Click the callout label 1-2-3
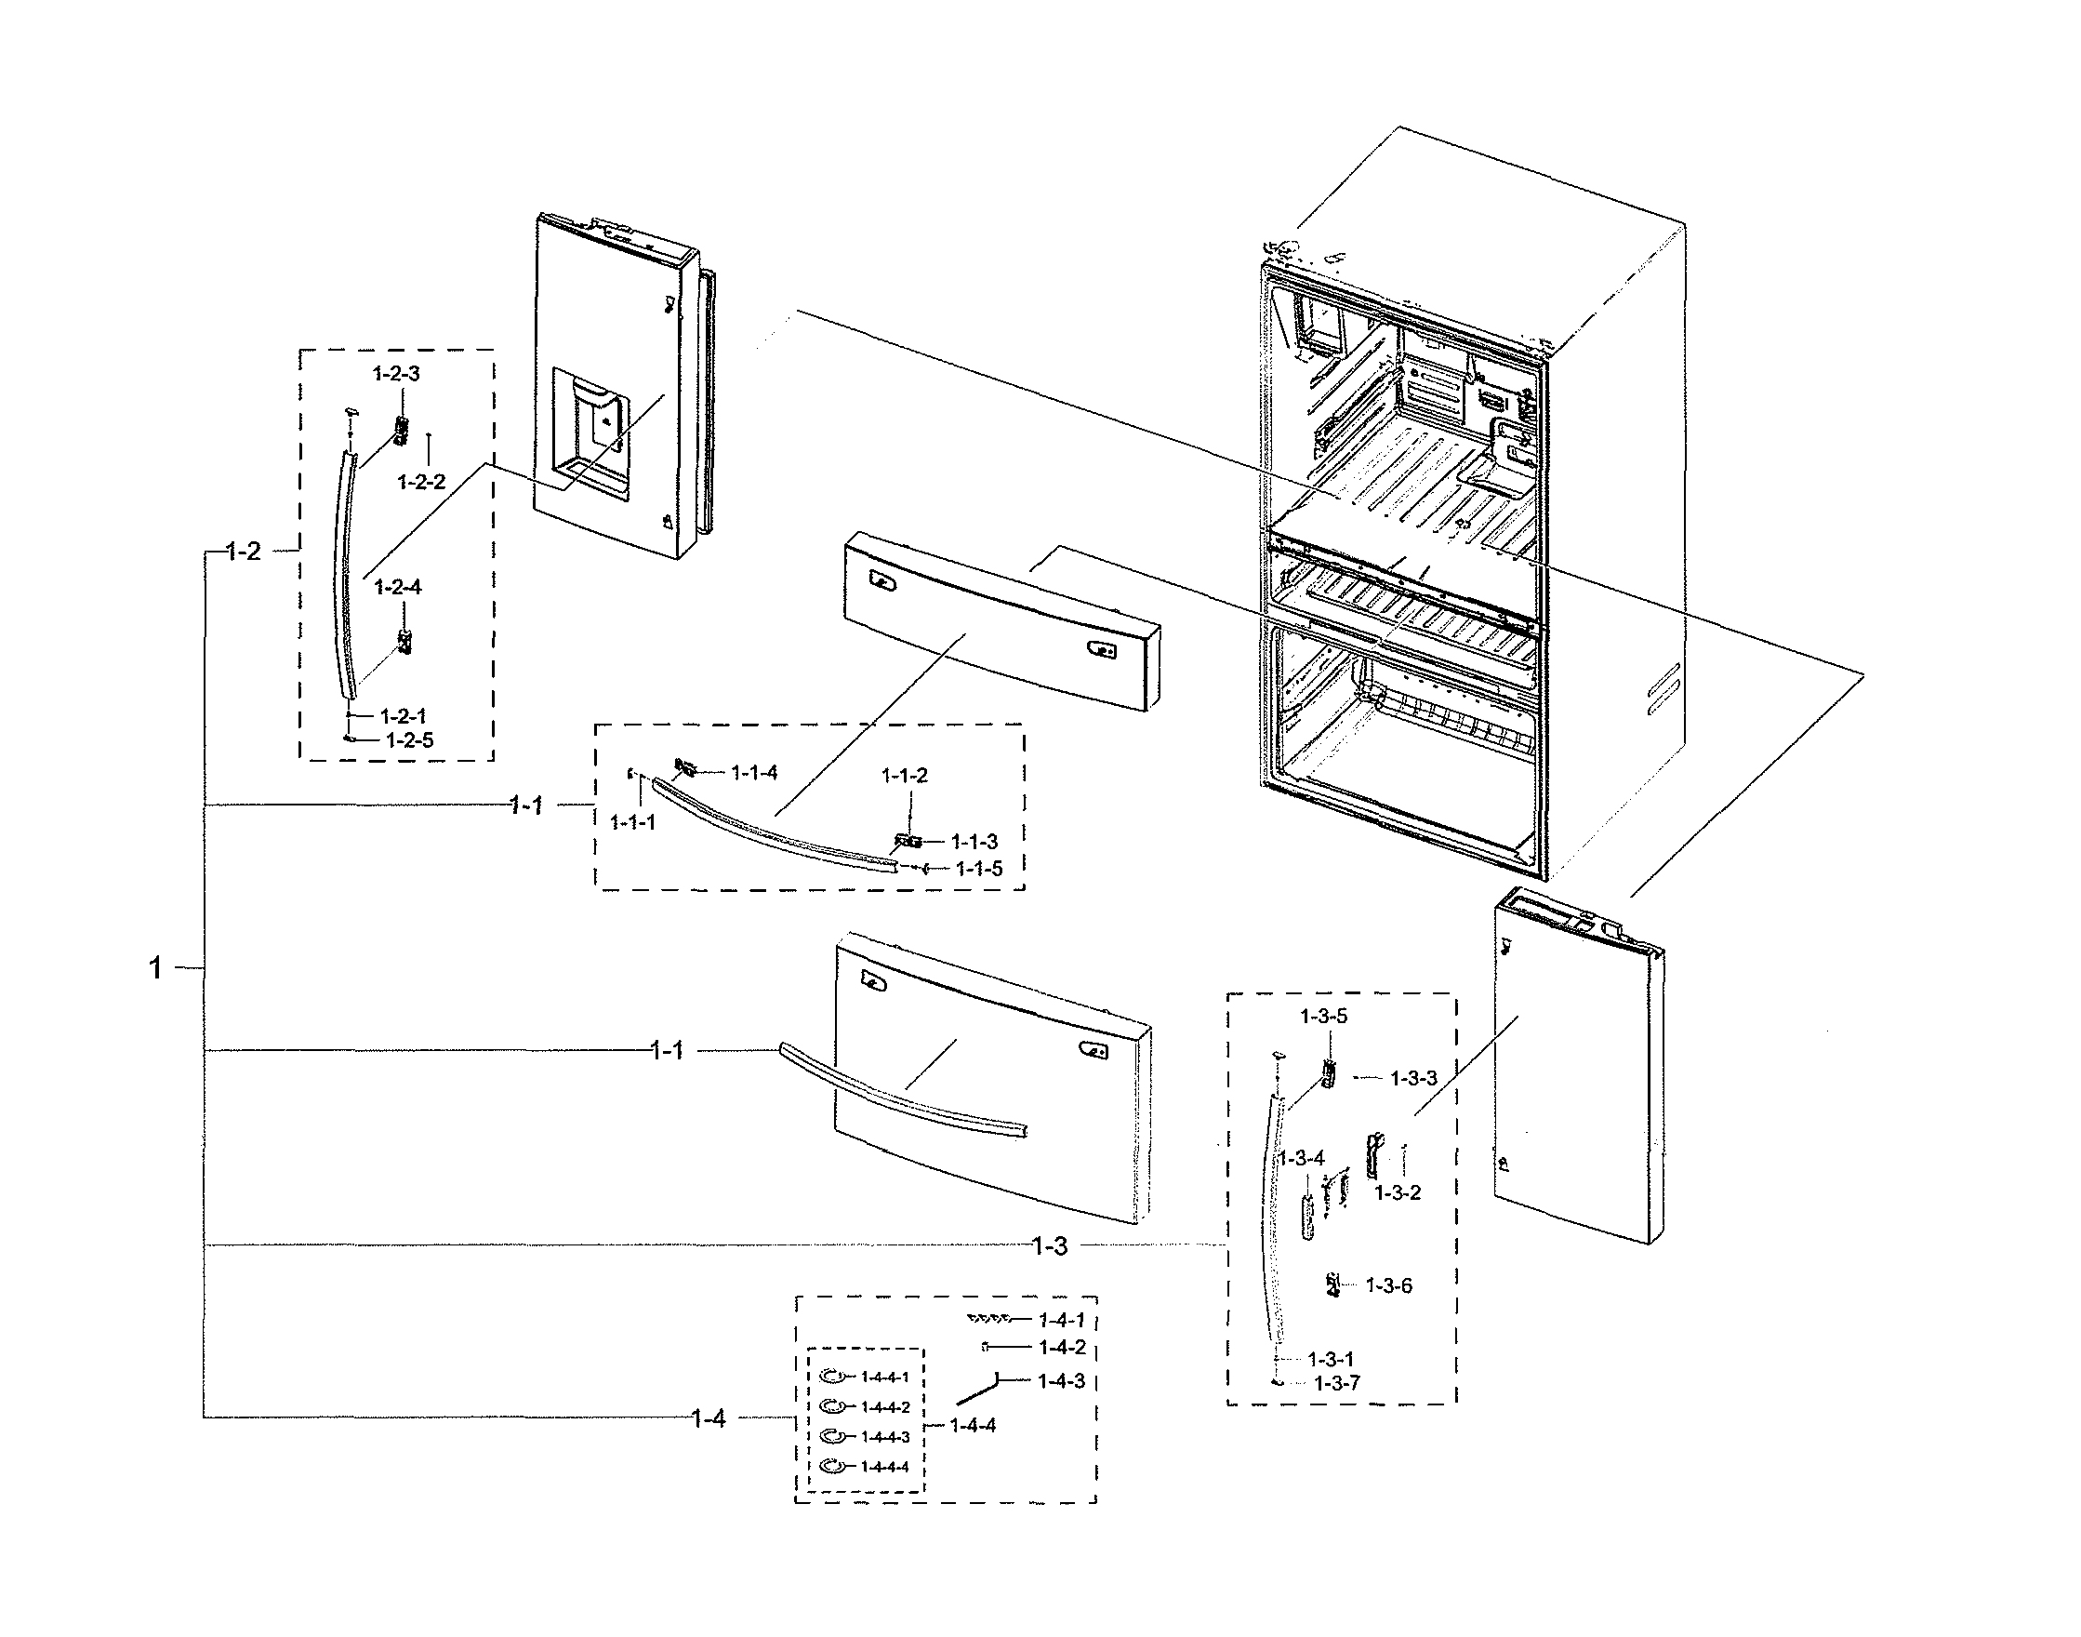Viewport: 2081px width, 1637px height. (x=397, y=374)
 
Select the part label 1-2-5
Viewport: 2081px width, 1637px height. (x=409, y=740)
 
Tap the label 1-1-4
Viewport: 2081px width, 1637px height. (x=754, y=773)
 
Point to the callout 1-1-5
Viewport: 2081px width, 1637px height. (x=976, y=869)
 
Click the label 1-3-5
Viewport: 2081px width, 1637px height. (x=1323, y=1016)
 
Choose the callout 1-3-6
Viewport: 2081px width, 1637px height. (x=1388, y=1285)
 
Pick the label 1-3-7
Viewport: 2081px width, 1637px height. (x=1336, y=1383)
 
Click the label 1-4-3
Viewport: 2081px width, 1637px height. (x=1062, y=1381)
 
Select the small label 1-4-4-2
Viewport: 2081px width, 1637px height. (x=884, y=1407)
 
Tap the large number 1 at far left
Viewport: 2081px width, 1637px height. (x=155, y=968)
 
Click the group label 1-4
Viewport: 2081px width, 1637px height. (x=708, y=1418)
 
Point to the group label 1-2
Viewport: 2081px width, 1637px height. (x=244, y=552)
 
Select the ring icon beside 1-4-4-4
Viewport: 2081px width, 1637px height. (x=833, y=1466)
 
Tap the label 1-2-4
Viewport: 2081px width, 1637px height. (x=398, y=587)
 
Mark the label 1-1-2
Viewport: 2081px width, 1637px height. (x=905, y=776)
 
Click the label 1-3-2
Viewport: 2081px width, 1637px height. (x=1397, y=1192)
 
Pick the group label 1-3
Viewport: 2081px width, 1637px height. (x=1049, y=1246)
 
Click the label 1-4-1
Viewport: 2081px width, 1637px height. (x=1062, y=1321)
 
